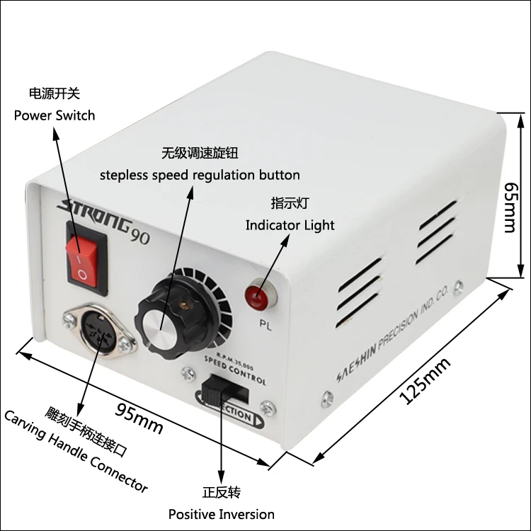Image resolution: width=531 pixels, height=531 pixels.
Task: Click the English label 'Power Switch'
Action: pyautogui.click(x=55, y=115)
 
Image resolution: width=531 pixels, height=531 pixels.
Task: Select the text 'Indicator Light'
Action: pyautogui.click(x=290, y=225)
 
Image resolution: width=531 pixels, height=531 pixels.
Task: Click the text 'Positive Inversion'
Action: pyautogui.click(x=221, y=514)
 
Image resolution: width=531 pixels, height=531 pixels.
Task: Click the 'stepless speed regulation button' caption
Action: pyautogui.click(x=199, y=174)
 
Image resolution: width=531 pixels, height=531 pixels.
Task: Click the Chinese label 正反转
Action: pyautogui.click(x=221, y=491)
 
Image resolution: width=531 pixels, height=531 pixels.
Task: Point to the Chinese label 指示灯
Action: pyautogui.click(x=290, y=203)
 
